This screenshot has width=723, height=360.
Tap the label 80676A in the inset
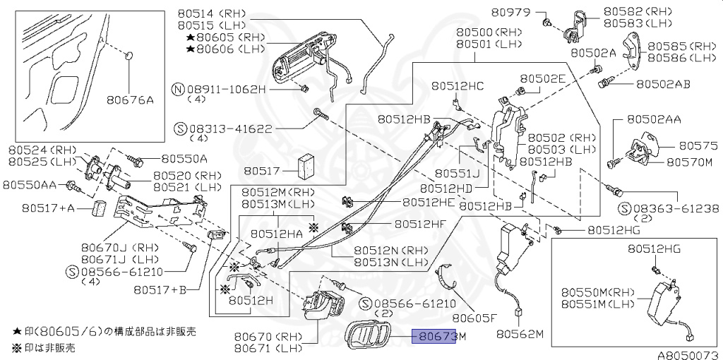coord(131,100)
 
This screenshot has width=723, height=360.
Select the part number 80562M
coord(520,334)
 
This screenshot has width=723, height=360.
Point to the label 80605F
coord(474,317)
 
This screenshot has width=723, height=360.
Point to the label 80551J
coord(457,173)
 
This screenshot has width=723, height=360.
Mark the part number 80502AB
coord(662,84)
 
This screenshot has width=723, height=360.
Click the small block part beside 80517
coord(307,166)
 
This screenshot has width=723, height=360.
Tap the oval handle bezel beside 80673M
coord(373,335)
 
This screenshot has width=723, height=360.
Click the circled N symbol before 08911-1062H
coord(179,90)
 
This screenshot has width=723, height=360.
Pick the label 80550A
coord(184,158)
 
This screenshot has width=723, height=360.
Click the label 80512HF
coord(420,224)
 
